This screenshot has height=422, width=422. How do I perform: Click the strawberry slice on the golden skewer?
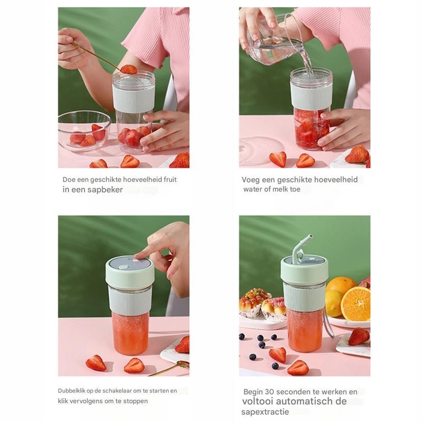(x=129, y=69)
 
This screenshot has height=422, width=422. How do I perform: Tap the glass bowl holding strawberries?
(x=84, y=131)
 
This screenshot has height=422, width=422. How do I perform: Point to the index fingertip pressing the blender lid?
(x=138, y=256)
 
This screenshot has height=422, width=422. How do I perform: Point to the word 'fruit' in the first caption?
(x=170, y=180)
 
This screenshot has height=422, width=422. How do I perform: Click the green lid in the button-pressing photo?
(x=130, y=273)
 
